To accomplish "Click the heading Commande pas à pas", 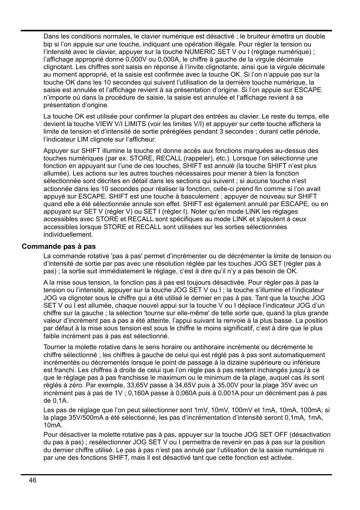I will (x=58, y=247).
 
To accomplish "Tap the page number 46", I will (x=32, y=480).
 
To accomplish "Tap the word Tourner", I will (x=55, y=347).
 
